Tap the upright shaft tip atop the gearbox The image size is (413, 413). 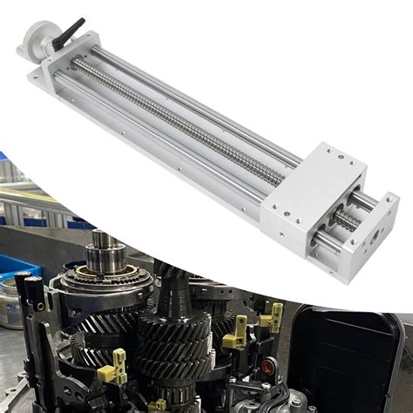click(100, 240)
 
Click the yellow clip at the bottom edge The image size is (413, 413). click(157, 405)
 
